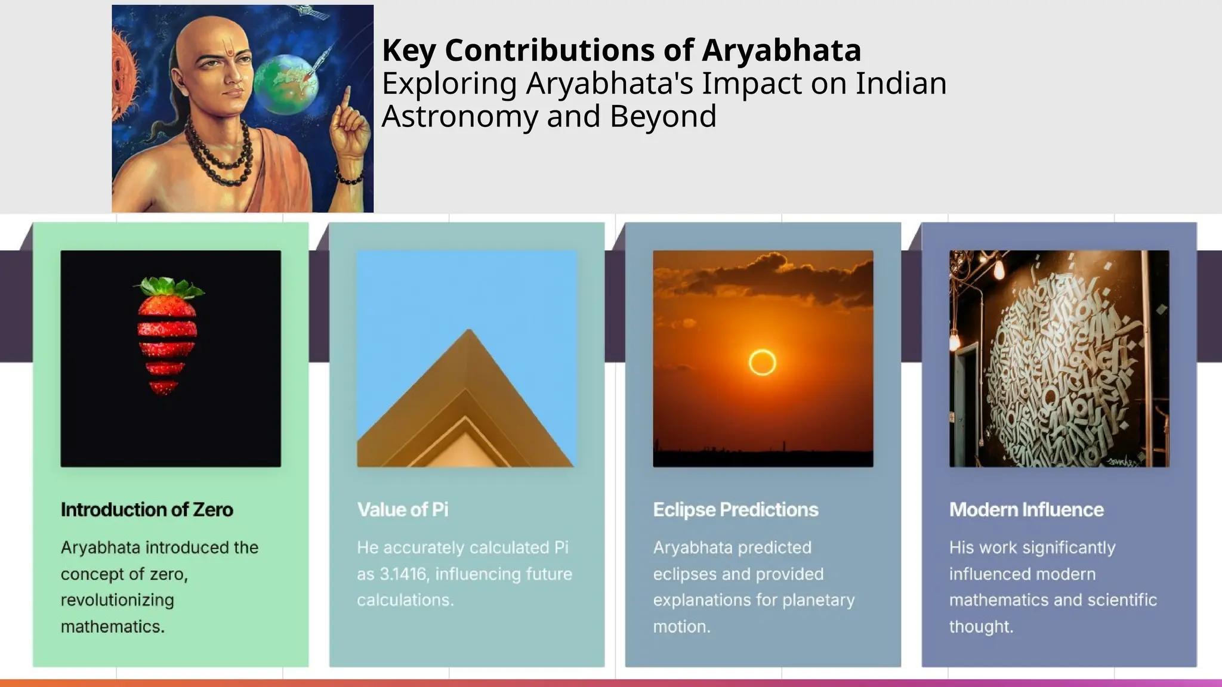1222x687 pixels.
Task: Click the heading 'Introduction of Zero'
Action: pyautogui.click(x=147, y=510)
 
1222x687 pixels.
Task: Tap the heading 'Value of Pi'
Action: pyautogui.click(x=403, y=510)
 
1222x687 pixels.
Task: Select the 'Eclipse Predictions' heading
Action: pyautogui.click(x=736, y=510)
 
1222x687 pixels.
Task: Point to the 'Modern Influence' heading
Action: pyautogui.click(x=1026, y=510)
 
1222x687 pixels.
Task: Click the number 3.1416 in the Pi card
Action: pyautogui.click(x=403, y=574)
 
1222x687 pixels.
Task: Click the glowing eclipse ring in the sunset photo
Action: pyautogui.click(x=762, y=362)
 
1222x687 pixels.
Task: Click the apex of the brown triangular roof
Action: pyautogui.click(x=469, y=332)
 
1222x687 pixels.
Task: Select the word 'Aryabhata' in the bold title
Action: pyautogui.click(x=781, y=50)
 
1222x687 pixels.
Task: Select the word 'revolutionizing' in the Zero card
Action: pyautogui.click(x=117, y=600)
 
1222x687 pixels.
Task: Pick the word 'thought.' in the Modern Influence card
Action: pyautogui.click(x=981, y=627)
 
